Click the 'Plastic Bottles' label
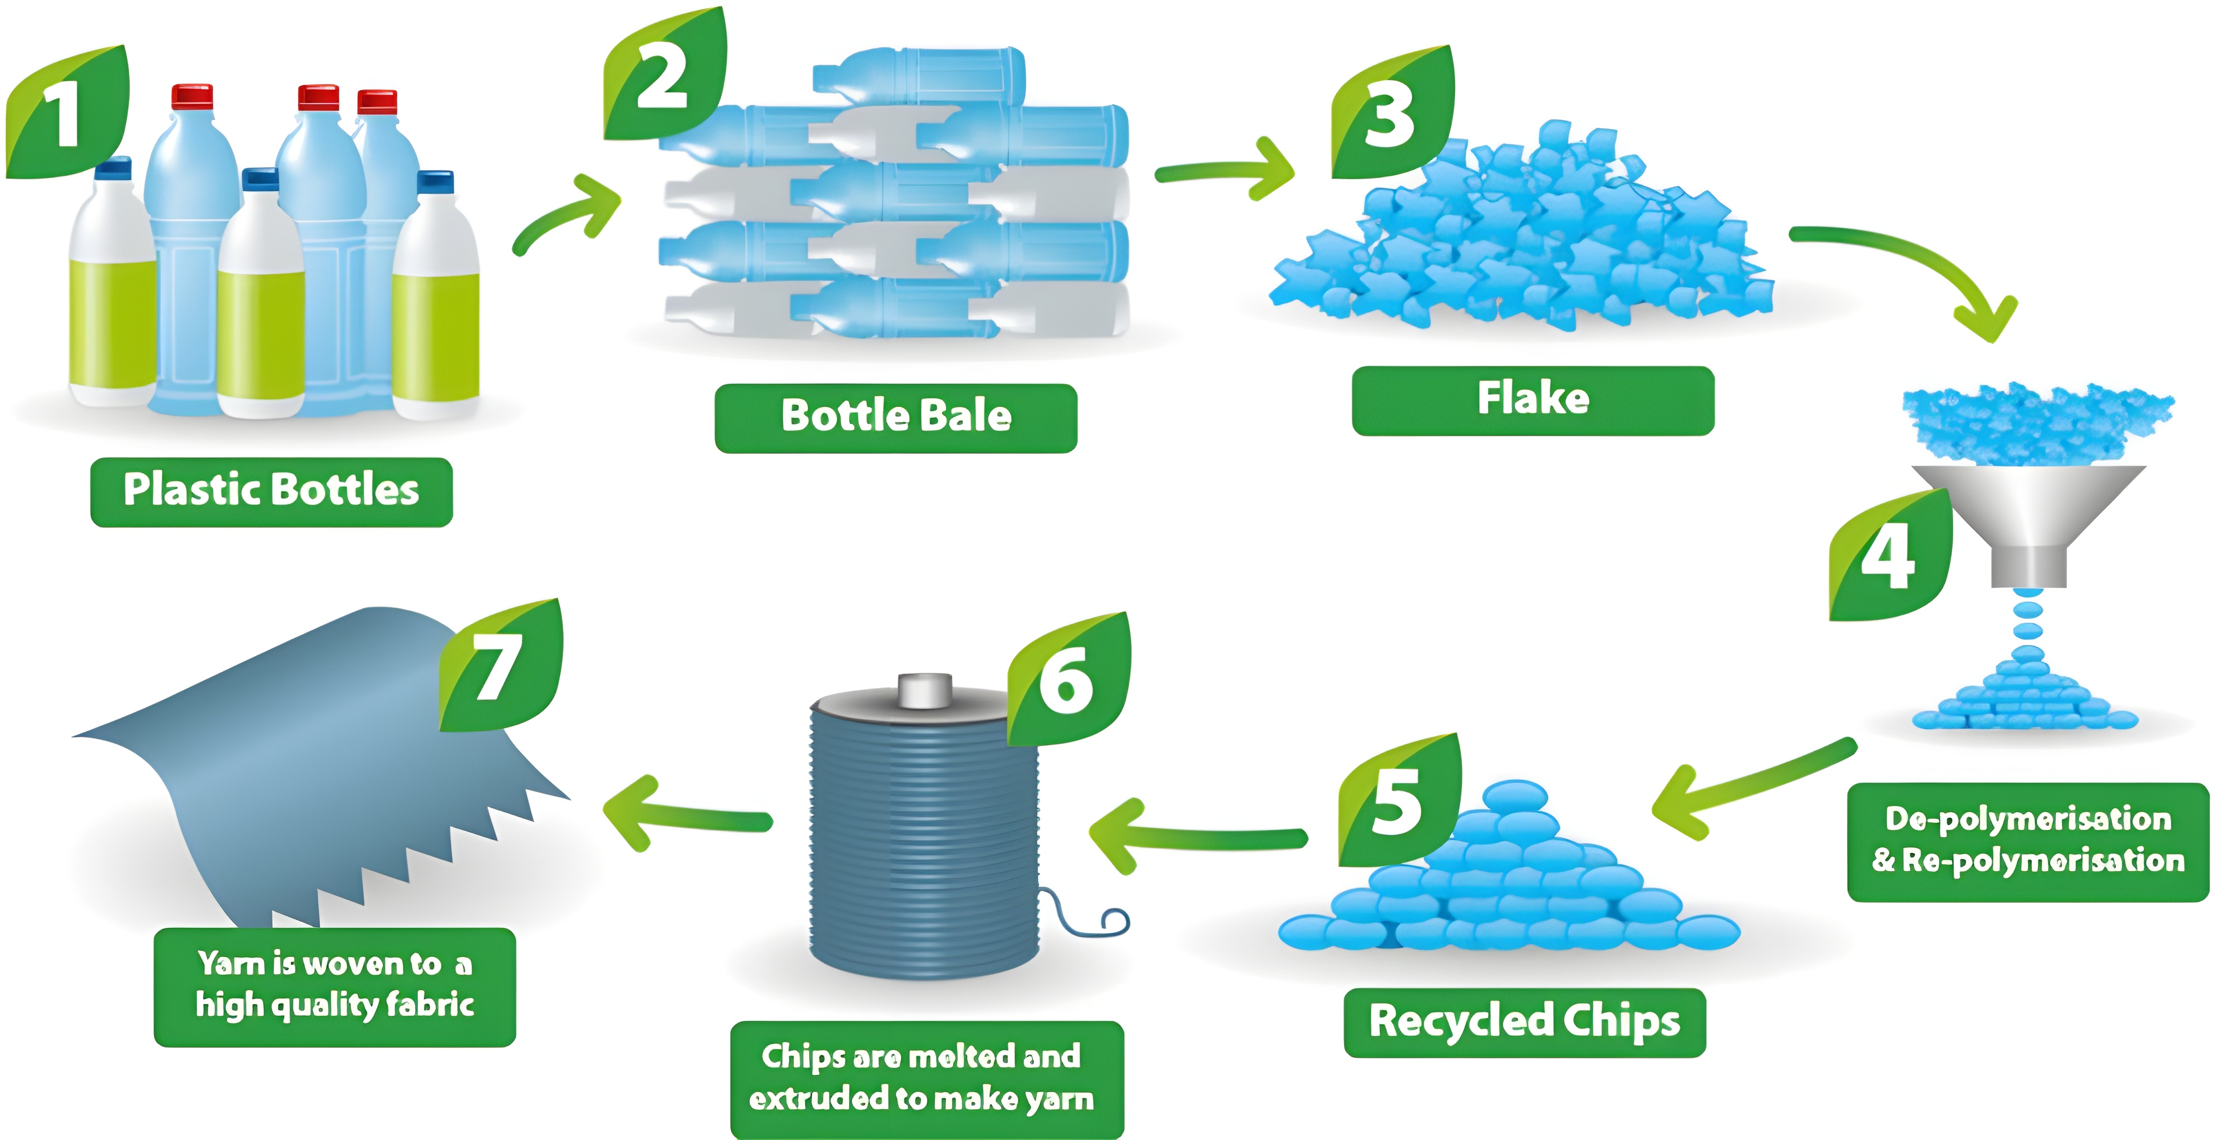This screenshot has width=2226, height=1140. click(x=272, y=491)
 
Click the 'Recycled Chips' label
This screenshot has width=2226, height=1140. click(x=1524, y=1021)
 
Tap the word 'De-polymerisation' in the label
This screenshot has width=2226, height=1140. click(x=2027, y=818)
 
